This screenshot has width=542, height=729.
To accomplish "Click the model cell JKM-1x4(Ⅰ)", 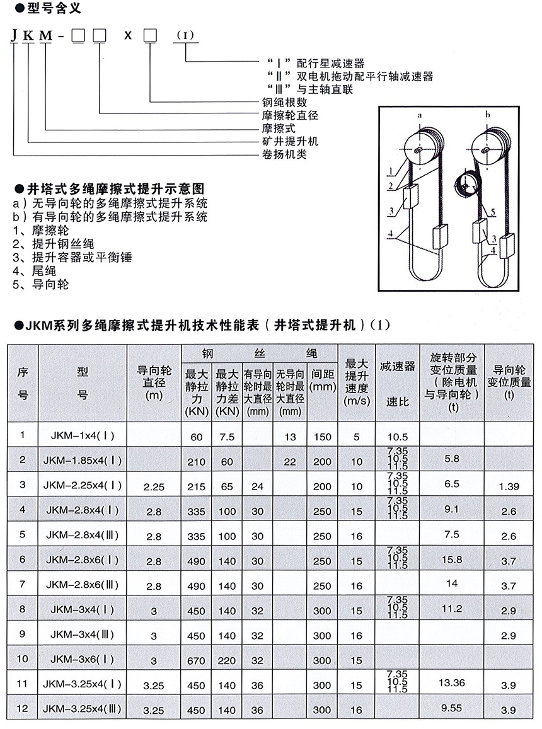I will click(83, 435).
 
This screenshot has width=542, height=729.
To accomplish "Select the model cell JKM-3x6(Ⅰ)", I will click(83, 660).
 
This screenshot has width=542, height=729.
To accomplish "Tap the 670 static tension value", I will click(196, 661).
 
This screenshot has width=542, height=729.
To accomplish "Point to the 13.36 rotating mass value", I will click(451, 682).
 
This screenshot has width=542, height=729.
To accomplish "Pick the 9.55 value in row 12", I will click(451, 708).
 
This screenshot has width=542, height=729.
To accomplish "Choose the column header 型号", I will click(83, 384).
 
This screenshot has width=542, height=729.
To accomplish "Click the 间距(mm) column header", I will click(322, 382).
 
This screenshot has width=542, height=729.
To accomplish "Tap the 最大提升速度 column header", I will click(357, 382).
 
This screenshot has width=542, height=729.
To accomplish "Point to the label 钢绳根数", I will click(285, 102).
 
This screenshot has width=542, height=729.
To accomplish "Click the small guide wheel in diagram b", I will click(465, 187).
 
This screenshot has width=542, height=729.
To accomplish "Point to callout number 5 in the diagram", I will click(492, 212).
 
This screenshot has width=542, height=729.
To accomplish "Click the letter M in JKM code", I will click(45, 35).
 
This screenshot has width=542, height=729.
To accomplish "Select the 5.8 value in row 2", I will click(451, 459).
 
